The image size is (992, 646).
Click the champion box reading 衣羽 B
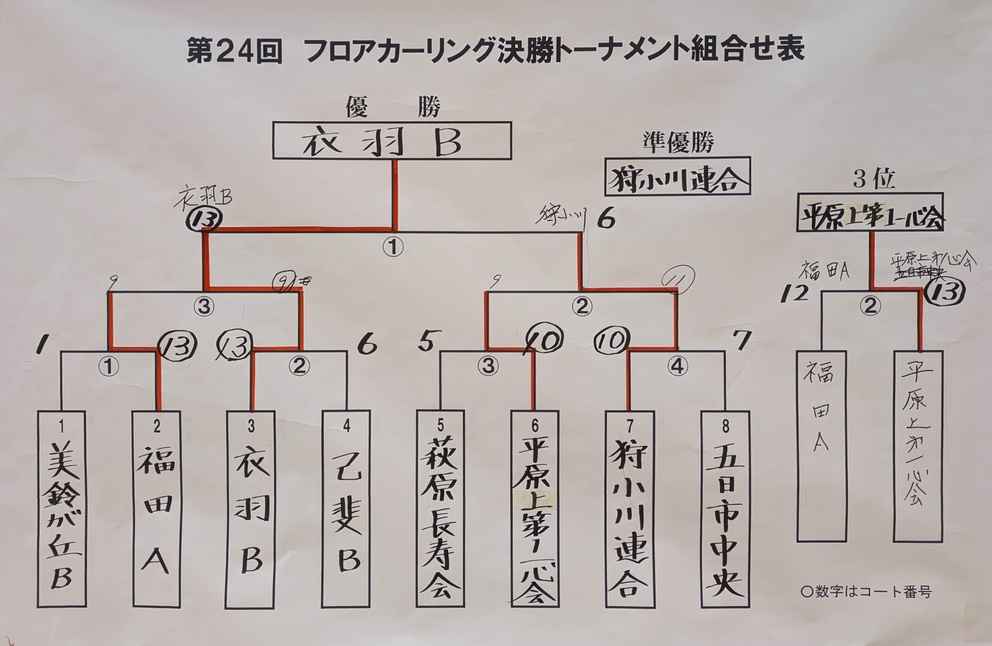point(392,140)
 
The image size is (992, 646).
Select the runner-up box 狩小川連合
point(677,176)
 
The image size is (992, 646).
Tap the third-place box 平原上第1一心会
point(870,212)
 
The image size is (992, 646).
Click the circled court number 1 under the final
point(393,247)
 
